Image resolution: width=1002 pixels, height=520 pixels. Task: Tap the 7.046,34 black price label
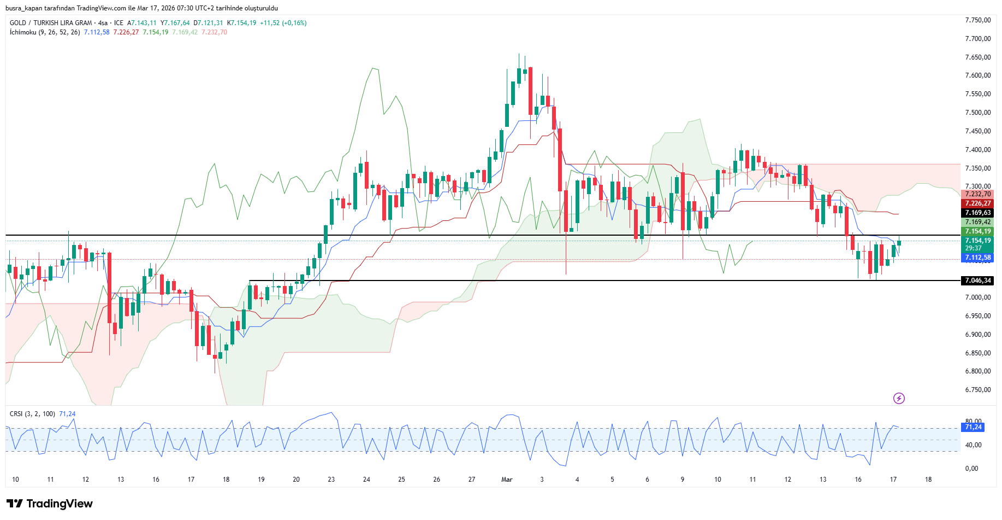[x=977, y=281]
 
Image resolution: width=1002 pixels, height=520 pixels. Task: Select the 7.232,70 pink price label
[x=977, y=194]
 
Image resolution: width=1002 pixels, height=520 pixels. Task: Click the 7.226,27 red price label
[x=977, y=203]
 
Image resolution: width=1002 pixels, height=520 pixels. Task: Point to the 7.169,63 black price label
[x=977, y=213]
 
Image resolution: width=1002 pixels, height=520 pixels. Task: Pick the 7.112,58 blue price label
[x=977, y=258]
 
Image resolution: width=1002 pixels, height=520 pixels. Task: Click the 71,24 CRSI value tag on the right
[x=973, y=427]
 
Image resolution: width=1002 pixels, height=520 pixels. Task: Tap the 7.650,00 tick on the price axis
[x=977, y=57]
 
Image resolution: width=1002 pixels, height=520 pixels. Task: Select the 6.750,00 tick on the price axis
[x=977, y=390]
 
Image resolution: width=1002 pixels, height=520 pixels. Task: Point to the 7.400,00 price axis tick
[x=977, y=150]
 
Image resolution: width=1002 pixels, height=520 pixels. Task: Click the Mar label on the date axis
[x=507, y=480]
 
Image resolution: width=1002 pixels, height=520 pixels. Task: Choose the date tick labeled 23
[x=331, y=480]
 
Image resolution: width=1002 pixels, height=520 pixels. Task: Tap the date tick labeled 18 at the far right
[x=928, y=480]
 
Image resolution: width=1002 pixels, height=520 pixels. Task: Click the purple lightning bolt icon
[x=899, y=398]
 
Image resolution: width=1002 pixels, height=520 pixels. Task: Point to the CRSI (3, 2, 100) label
[x=32, y=414]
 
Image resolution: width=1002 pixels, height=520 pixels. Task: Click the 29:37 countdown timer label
[x=974, y=248]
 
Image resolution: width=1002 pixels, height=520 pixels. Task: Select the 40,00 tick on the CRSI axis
[x=973, y=445]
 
